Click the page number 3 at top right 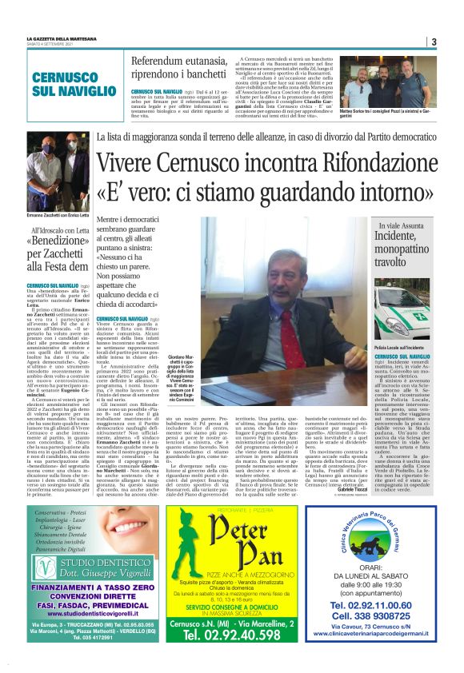pos(433,42)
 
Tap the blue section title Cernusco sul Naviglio pos(65,85)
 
